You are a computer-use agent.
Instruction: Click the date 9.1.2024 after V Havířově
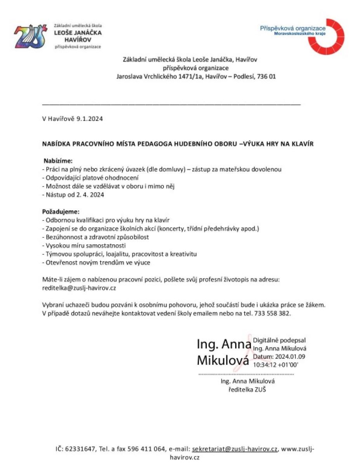point(90,119)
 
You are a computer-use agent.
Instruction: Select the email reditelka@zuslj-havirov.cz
point(79,288)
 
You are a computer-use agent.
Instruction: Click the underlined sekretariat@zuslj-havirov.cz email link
point(235,449)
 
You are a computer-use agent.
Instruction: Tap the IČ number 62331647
point(81,449)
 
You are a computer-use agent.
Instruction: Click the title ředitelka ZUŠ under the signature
point(247,389)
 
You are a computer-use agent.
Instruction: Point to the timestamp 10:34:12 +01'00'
point(275,364)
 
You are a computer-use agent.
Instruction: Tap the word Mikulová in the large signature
point(223,360)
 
